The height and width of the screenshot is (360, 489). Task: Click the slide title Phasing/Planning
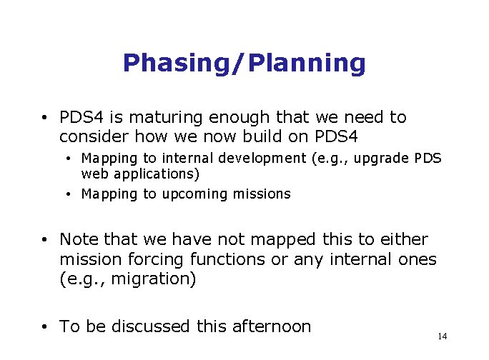[x=244, y=64]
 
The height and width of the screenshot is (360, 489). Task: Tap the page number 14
[x=442, y=336]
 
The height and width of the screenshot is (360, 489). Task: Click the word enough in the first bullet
[x=242, y=117]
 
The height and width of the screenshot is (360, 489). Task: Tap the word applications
[x=154, y=174]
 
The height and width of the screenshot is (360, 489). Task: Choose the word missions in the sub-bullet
[x=262, y=194]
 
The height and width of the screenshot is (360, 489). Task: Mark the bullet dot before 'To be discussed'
[x=45, y=327]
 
